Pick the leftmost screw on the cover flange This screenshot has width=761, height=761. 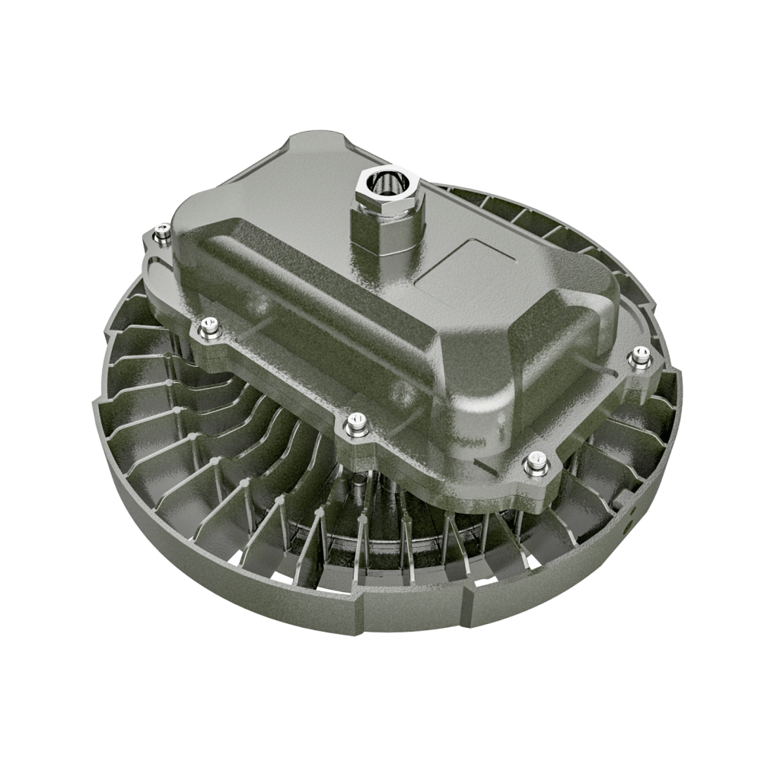(161, 234)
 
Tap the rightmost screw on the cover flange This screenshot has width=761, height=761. (641, 356)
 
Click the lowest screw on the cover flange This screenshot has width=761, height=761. (537, 463)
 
